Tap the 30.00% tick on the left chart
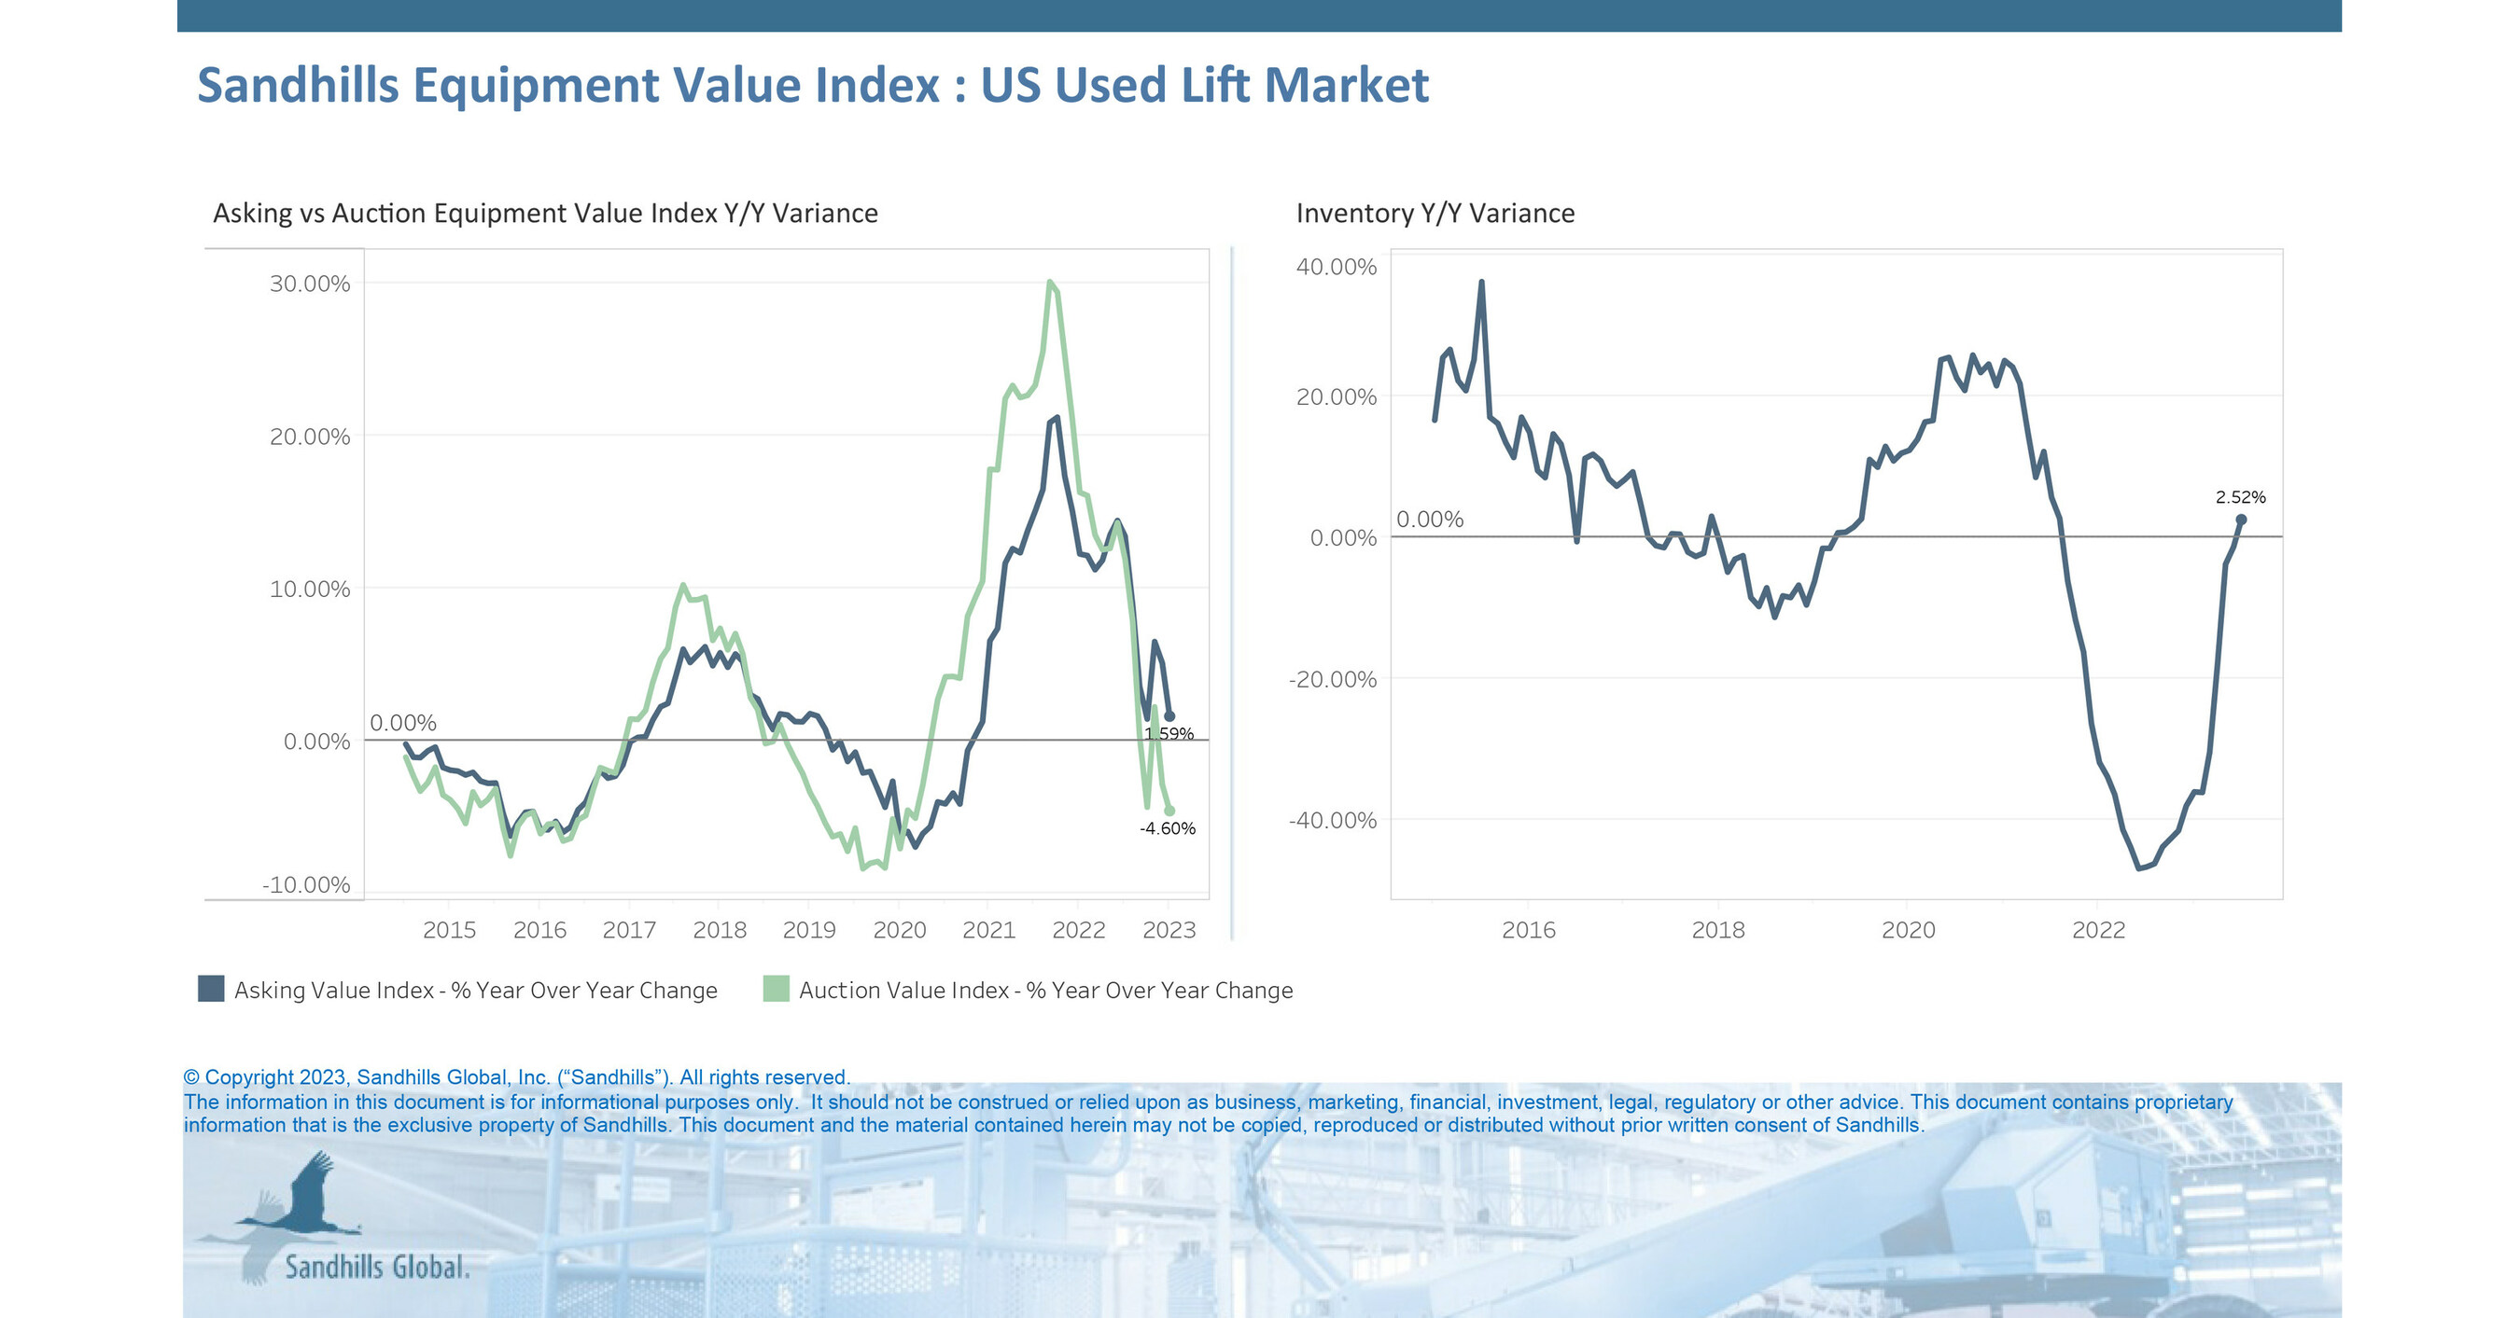point(309,284)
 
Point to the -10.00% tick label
point(305,885)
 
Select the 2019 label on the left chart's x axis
point(809,930)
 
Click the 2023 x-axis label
point(1169,930)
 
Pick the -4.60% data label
point(1167,828)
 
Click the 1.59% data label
point(1169,733)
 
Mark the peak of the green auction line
point(1050,283)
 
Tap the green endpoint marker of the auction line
point(1170,811)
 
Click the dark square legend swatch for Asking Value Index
point(210,989)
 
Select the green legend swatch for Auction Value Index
point(776,989)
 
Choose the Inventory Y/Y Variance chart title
point(1435,214)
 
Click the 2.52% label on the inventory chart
point(2240,496)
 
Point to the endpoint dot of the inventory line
point(2241,520)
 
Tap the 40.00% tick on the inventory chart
point(1336,267)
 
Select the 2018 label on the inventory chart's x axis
point(1718,930)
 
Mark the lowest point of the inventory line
point(2139,867)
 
